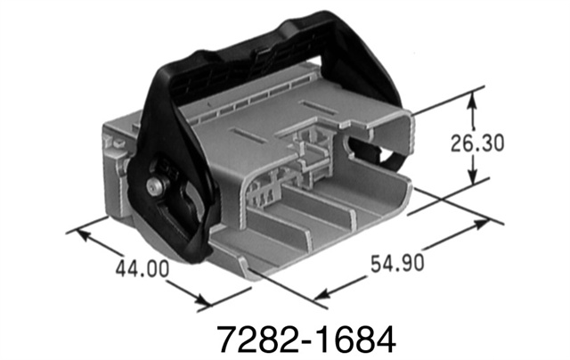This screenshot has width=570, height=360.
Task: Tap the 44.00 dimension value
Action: tap(140, 267)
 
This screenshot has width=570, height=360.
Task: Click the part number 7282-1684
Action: tap(306, 337)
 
